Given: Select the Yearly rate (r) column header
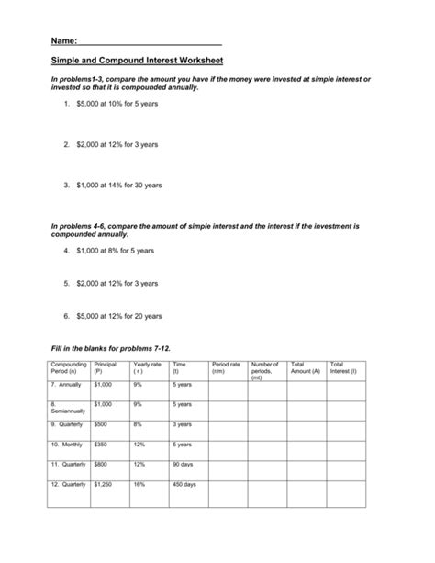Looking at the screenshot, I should coord(147,368).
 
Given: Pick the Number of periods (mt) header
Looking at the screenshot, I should coord(264,371).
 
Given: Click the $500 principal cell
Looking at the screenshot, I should coord(101,424).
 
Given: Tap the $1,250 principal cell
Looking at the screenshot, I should coord(103,483).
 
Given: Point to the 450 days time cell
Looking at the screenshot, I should coord(184,483).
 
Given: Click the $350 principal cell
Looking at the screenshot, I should coord(101,444).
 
